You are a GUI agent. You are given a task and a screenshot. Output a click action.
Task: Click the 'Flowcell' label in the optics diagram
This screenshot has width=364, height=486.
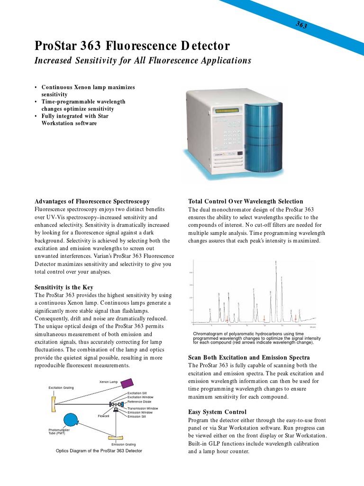pos(103,416)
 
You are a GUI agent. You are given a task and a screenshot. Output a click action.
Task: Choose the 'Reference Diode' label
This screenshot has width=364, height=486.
pos(139,402)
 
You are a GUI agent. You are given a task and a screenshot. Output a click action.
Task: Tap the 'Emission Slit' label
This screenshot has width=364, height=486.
pos(136,416)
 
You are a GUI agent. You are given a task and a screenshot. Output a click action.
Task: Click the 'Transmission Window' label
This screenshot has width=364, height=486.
pos(143,408)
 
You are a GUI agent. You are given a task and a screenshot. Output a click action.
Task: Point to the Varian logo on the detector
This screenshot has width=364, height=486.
pos(219,154)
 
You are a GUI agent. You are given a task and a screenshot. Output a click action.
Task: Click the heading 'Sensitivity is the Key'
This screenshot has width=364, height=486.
pos(64,287)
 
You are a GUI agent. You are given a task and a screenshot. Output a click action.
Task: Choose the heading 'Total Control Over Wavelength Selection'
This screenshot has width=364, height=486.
pos(246,201)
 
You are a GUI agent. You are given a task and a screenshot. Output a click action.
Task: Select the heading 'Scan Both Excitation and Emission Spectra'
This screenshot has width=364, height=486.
pos(249,357)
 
